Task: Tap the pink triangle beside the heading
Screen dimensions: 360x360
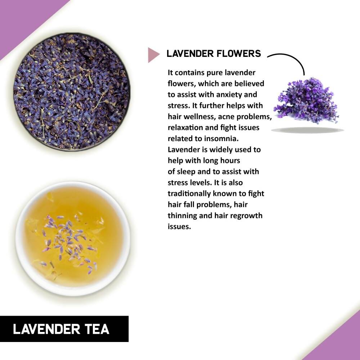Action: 153,54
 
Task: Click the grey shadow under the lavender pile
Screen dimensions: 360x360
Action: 307,130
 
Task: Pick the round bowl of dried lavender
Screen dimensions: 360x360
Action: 72,92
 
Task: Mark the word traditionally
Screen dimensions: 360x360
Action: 193,194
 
